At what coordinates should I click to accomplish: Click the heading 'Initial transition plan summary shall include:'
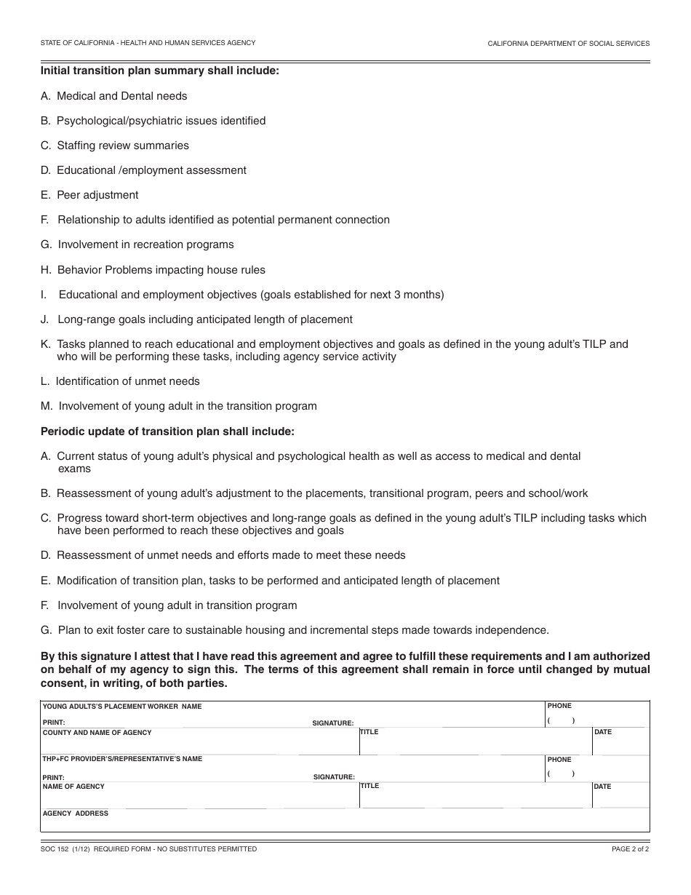[159, 71]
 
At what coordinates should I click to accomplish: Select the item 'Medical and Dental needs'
[121, 96]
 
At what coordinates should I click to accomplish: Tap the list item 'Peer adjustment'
[97, 195]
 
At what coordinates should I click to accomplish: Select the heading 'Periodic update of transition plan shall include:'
[167, 431]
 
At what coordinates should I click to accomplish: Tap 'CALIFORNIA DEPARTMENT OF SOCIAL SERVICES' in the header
[568, 44]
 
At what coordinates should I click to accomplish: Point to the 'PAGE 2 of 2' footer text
[631, 849]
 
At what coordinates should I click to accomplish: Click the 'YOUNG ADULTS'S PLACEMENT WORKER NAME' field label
[122, 707]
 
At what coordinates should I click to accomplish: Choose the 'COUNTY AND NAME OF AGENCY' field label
[97, 733]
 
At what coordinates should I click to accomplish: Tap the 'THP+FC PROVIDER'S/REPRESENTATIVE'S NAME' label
[122, 759]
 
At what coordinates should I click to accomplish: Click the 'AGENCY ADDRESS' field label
[76, 814]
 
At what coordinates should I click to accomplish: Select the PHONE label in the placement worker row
[559, 706]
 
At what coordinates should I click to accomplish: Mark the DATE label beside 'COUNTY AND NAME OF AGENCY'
[603, 732]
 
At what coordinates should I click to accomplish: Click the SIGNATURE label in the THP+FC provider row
[334, 777]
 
